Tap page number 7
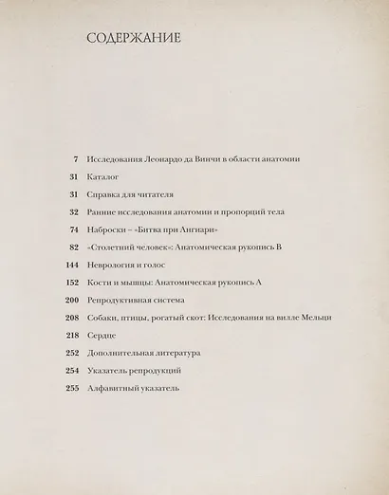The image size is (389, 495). (x=75, y=158)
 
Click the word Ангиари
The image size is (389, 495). (x=191, y=229)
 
